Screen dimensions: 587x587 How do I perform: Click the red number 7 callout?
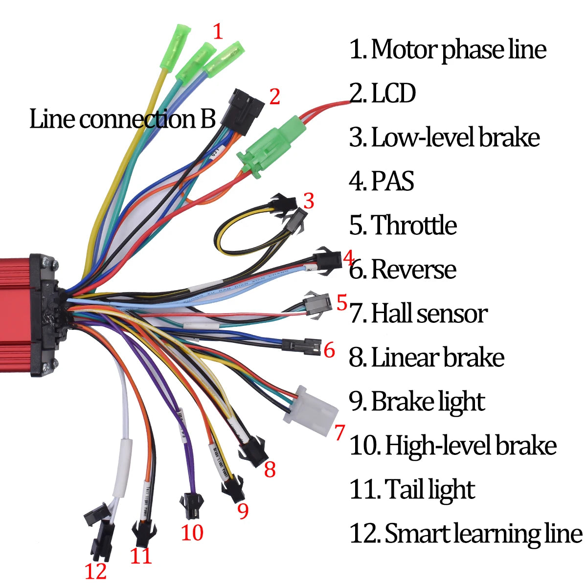[x=339, y=432]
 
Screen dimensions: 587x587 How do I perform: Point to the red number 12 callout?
[x=95, y=571]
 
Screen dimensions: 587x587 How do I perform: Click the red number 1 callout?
[x=218, y=32]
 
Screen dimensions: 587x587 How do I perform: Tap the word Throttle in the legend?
[x=413, y=226]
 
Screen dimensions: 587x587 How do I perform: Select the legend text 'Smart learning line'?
[x=483, y=534]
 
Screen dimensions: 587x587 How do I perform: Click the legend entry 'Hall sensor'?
[x=429, y=314]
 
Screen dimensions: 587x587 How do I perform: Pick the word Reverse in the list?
[x=413, y=270]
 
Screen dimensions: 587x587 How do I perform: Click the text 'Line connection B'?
[x=122, y=119]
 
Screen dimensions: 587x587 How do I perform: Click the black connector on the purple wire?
[x=190, y=506]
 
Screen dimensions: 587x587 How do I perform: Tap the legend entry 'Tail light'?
[x=429, y=490]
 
